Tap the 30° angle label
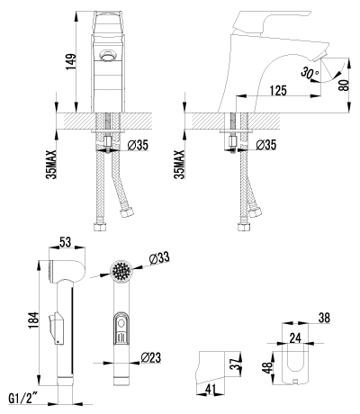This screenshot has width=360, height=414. (x=310, y=71)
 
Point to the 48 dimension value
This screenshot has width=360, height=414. (x=268, y=369)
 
